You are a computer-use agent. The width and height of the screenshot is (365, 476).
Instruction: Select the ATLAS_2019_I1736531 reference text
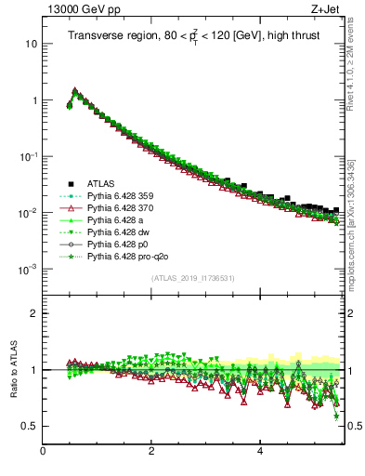[192, 278]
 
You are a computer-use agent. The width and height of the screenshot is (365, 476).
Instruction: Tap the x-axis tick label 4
[260, 452]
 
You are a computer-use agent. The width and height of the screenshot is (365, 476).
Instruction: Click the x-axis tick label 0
[43, 452]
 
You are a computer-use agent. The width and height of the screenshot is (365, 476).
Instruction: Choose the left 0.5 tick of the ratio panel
[31, 426]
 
